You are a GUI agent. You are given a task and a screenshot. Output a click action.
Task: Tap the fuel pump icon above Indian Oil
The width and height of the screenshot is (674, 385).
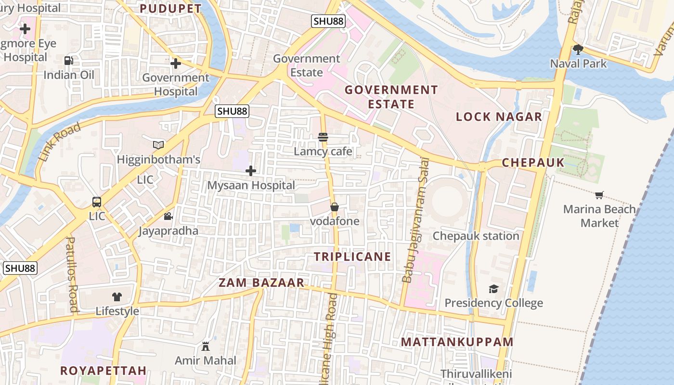tap(69, 61)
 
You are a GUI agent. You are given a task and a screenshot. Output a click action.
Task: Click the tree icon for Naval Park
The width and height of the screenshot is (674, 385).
tap(578, 49)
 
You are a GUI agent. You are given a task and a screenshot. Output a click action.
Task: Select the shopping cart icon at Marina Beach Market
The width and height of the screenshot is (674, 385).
tap(599, 195)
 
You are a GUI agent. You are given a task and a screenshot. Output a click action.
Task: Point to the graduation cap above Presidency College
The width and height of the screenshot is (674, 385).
tap(493, 289)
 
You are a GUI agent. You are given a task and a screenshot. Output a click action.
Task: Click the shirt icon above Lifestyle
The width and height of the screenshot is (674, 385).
tap(117, 297)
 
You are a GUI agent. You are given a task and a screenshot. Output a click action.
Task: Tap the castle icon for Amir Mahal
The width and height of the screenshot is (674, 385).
tap(206, 346)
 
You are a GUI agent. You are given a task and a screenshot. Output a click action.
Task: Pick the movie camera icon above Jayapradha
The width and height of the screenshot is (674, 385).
tap(168, 217)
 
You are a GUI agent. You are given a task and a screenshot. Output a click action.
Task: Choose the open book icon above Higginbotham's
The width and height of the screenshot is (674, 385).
tap(158, 145)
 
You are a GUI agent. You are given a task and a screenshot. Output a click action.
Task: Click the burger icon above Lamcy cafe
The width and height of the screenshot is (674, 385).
tap(323, 137)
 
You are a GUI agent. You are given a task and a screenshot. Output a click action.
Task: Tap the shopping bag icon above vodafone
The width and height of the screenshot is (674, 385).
tap(334, 207)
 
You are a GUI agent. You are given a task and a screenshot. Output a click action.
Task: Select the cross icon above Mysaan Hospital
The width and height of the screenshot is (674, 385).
tap(251, 171)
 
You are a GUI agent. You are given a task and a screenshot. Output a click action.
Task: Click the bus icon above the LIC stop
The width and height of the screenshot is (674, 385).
tap(97, 202)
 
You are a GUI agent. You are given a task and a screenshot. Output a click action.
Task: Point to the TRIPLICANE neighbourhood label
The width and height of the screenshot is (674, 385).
tap(352, 257)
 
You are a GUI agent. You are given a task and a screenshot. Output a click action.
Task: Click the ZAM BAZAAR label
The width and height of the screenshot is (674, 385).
tap(261, 283)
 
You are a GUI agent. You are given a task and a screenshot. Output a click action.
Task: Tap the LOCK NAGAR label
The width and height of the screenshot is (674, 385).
tap(499, 116)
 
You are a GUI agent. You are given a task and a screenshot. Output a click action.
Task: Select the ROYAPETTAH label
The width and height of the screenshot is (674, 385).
tap(103, 371)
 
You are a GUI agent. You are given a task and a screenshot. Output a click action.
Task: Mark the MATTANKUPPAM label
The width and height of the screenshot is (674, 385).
tap(457, 342)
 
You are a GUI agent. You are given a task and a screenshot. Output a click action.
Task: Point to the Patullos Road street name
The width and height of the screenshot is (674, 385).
tap(72, 274)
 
